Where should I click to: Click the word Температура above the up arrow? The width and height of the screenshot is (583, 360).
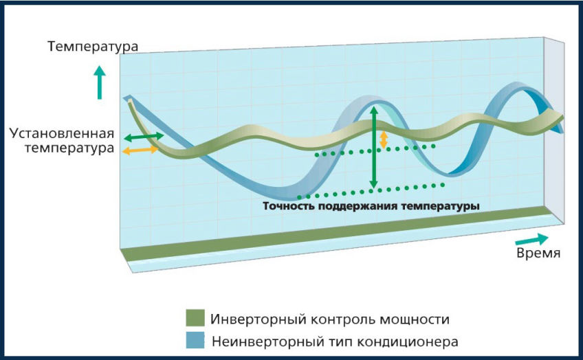click(93, 47)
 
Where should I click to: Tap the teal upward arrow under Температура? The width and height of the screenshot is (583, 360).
click(99, 82)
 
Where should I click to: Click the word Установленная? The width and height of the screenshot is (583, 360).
click(62, 133)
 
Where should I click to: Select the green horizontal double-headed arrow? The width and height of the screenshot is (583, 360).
click(144, 137)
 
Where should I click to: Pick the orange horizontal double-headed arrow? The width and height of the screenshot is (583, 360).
click(140, 150)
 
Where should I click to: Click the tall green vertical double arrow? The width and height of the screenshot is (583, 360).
click(374, 147)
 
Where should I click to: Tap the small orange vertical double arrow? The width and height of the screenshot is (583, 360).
click(384, 139)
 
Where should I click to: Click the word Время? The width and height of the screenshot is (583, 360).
click(538, 253)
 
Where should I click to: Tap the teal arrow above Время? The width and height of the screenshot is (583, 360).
click(532, 240)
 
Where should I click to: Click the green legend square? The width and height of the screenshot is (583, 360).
click(195, 318)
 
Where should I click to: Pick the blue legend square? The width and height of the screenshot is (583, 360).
click(195, 340)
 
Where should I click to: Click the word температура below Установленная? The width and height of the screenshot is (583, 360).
click(69, 148)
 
